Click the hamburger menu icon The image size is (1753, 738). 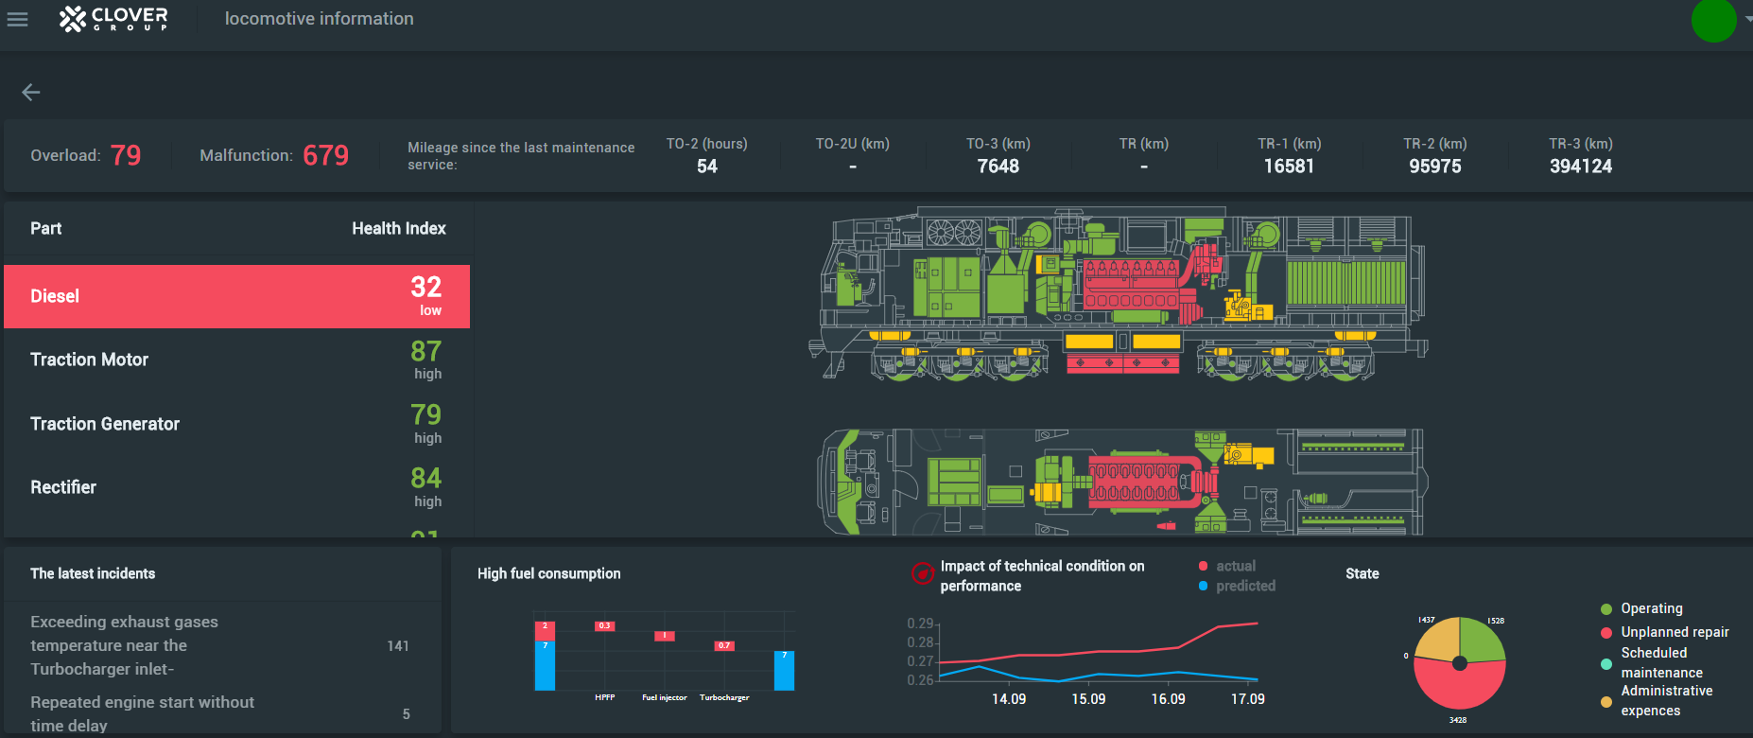pyautogui.click(x=17, y=19)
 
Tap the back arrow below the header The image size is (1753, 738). pyautogui.click(x=31, y=92)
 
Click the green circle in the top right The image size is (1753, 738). pyautogui.click(x=1713, y=21)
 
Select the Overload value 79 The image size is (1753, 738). pyautogui.click(x=126, y=155)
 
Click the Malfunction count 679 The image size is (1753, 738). pyautogui.click(x=325, y=155)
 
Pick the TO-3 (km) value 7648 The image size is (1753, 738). pyautogui.click(x=998, y=167)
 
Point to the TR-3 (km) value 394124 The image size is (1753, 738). pyautogui.click(x=1580, y=167)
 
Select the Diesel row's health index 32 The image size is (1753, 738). pyautogui.click(x=425, y=288)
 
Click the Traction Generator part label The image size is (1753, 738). pyautogui.click(x=105, y=424)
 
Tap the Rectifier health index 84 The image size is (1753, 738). pyautogui.click(x=425, y=479)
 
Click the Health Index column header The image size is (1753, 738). pyautogui.click(x=398, y=228)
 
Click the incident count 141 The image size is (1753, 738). pyautogui.click(x=398, y=646)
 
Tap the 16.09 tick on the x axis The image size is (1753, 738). pyautogui.click(x=1168, y=699)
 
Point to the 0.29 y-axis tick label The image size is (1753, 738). pyautogui.click(x=919, y=624)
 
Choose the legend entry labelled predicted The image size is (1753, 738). pyautogui.click(x=1245, y=586)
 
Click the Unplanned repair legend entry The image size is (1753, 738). pyautogui.click(x=1674, y=632)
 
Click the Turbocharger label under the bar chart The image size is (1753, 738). pyautogui.click(x=724, y=697)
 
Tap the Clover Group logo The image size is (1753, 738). pyautogui.click(x=113, y=19)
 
